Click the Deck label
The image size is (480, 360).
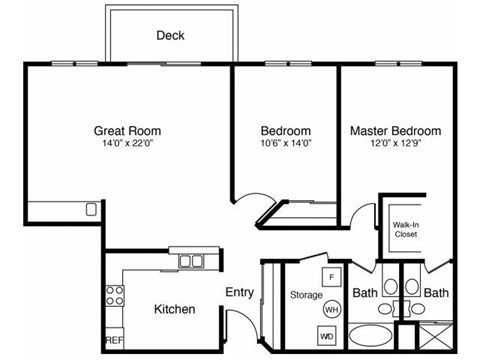coord(170,36)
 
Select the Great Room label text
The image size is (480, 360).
coord(127,131)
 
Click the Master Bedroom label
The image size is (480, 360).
coord(395,131)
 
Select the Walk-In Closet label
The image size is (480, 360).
coord(405,231)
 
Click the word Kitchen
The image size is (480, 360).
coord(174,309)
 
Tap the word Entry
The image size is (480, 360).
coord(239,293)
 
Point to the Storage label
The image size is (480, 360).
coord(305,295)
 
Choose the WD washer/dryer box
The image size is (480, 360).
coord(326,337)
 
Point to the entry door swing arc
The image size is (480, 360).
coord(231,322)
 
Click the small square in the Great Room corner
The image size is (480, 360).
coord(91,210)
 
